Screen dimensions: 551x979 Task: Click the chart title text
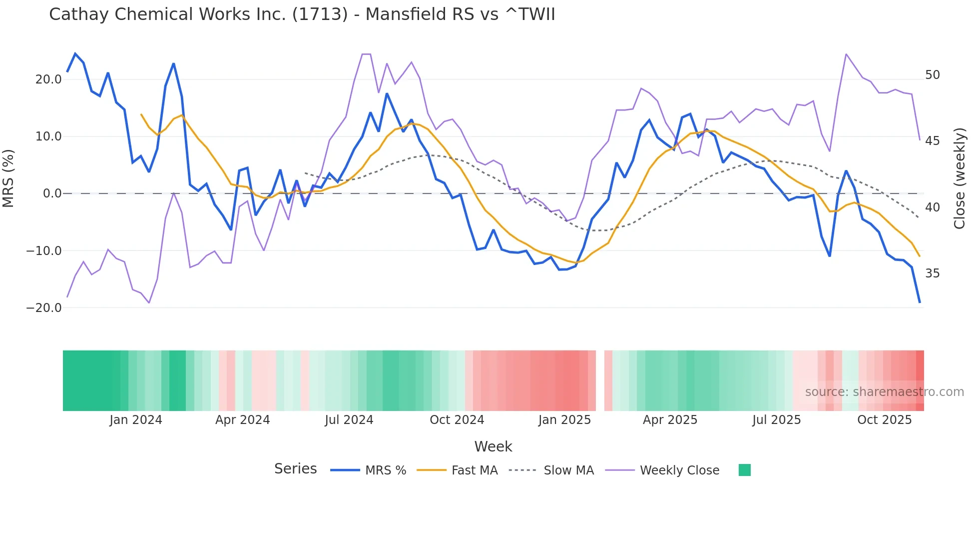pos(302,14)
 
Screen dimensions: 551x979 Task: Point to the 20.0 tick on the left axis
pos(48,79)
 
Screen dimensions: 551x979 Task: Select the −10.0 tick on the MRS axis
pos(44,251)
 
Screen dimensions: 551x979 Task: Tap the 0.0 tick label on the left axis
pos(52,193)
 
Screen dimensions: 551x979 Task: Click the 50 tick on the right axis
pos(932,75)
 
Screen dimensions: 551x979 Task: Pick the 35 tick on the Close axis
pos(932,273)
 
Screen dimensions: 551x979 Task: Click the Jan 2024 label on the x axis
pos(136,420)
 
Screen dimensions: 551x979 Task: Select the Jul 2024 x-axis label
pos(349,420)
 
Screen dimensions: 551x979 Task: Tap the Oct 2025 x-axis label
pos(884,420)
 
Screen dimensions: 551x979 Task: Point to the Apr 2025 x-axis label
pos(670,420)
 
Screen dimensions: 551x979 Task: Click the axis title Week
pos(493,446)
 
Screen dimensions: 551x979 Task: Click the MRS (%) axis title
pos(8,178)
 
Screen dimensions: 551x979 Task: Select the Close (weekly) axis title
pos(960,178)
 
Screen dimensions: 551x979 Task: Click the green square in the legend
pos(744,470)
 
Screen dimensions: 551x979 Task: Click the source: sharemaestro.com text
pos(884,392)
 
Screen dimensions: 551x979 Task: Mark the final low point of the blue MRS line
pos(920,302)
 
